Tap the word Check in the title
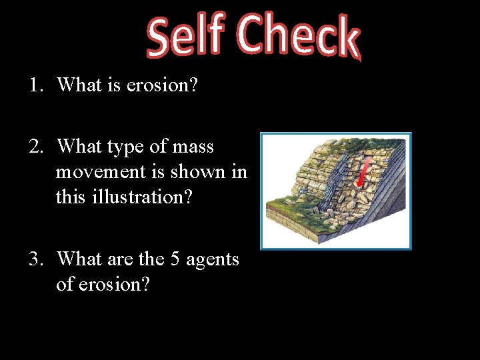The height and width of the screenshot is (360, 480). (299, 36)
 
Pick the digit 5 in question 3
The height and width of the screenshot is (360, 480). (176, 259)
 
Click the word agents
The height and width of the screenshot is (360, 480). (213, 260)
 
